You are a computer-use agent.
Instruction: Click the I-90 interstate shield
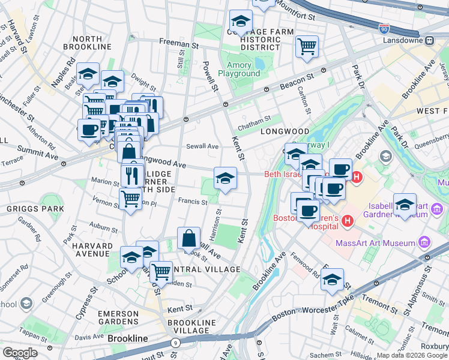(x=384, y=28)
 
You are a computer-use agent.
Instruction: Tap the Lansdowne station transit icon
(x=430, y=41)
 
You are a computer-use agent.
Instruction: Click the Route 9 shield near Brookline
(x=175, y=343)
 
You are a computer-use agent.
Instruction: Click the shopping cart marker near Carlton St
(x=307, y=46)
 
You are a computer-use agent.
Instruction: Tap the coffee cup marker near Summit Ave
(x=89, y=130)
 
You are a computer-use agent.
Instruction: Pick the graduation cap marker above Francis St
(x=225, y=178)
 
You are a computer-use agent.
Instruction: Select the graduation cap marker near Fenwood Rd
(x=332, y=280)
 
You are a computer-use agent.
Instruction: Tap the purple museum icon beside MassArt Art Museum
(x=424, y=242)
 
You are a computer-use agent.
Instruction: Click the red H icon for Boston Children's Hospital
(x=346, y=222)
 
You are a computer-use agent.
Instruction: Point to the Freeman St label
(x=178, y=44)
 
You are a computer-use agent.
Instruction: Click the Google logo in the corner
(x=20, y=352)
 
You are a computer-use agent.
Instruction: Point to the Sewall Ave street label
(x=202, y=146)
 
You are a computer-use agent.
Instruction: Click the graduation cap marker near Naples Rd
(x=88, y=74)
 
